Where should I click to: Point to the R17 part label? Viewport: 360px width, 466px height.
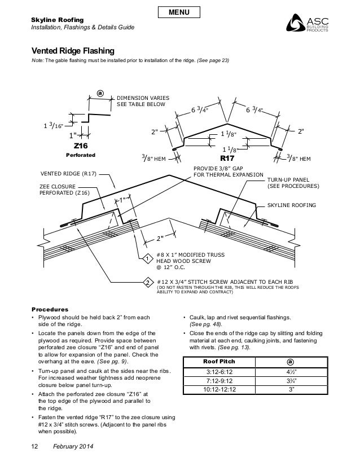(x=227, y=159)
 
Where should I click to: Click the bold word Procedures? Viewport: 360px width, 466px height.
(x=50, y=310)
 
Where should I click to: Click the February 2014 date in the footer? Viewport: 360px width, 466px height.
(x=72, y=447)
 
